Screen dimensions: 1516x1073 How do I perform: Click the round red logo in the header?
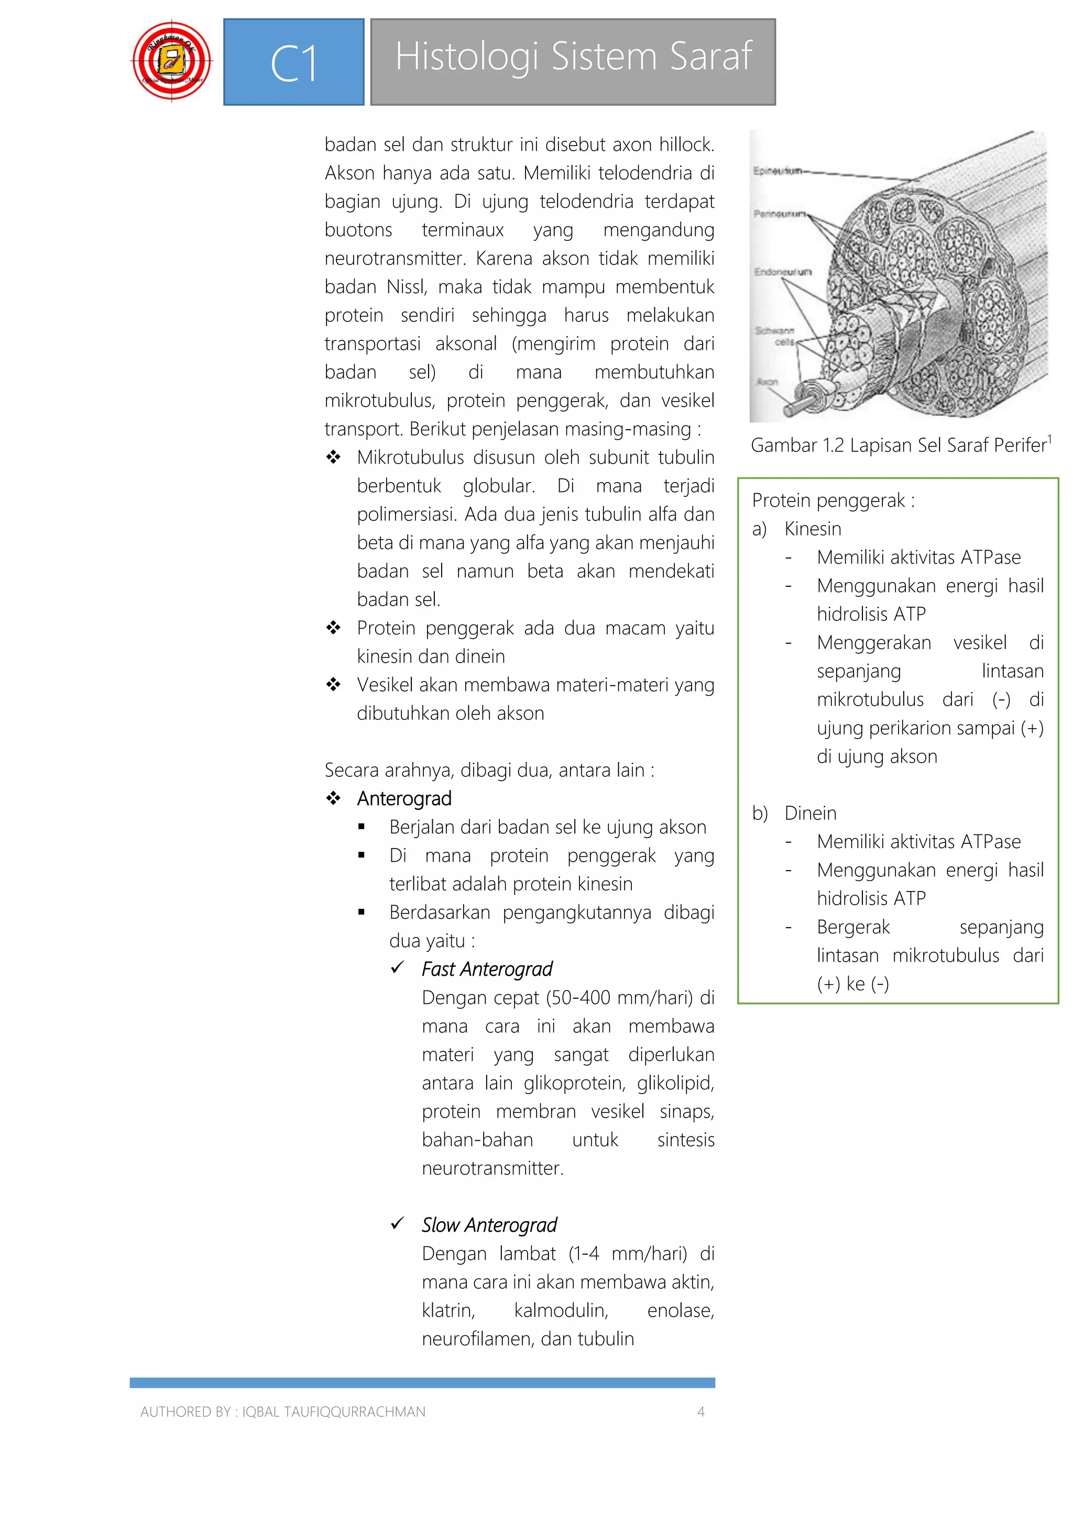tap(172, 61)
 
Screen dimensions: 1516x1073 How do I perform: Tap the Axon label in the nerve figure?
tap(767, 382)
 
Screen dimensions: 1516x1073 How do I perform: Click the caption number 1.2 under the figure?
tap(833, 445)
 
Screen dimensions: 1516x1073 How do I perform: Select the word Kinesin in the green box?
tap(813, 529)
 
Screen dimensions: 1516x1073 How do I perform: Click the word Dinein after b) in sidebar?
tap(810, 813)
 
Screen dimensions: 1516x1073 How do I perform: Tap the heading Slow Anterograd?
tap(489, 1225)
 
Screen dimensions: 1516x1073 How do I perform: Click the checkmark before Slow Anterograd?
tap(397, 1224)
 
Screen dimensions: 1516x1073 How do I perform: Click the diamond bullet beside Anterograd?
tap(334, 798)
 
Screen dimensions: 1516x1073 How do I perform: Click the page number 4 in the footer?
tap(701, 1412)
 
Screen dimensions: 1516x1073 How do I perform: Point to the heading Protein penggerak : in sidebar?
tap(833, 500)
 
